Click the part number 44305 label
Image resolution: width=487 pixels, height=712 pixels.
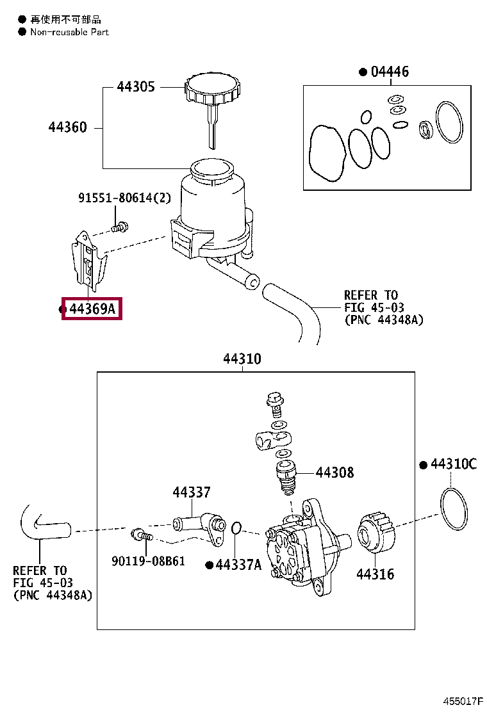point(135,87)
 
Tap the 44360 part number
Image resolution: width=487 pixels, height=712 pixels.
point(67,127)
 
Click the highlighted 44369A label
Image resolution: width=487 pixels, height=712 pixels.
point(92,310)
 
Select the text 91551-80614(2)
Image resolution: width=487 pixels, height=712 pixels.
point(124,198)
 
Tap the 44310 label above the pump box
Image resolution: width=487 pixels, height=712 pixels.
point(242,359)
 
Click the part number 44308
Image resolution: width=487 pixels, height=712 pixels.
point(334,473)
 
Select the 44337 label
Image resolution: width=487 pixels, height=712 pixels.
point(191,492)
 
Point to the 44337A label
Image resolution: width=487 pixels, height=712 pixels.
point(238,565)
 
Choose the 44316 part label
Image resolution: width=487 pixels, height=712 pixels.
point(376,574)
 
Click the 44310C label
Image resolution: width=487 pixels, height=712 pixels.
point(452,464)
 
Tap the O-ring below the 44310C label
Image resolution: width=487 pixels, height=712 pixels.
point(456,508)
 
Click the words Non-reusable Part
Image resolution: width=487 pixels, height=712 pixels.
point(69,32)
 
